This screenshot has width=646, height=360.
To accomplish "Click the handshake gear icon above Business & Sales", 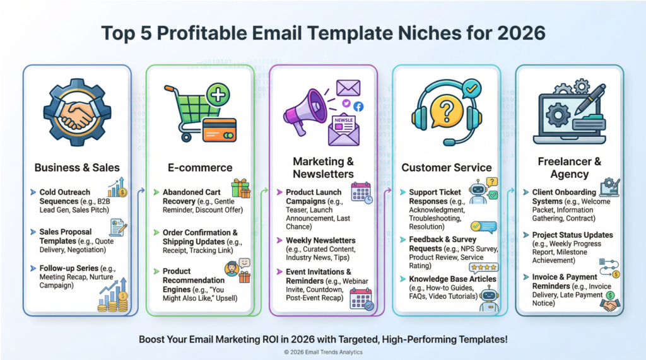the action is coord(77,112).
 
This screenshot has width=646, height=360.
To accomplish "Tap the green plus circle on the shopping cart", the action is coord(218,95).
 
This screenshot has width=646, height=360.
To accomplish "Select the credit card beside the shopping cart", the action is coord(220,130).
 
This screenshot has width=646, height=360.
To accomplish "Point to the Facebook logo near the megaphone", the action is coord(358,107).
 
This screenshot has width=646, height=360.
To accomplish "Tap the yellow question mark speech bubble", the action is coord(447,111).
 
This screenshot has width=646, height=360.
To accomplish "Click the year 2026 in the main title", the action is coord(521,33).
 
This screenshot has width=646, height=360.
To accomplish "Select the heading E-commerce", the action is coord(200,168).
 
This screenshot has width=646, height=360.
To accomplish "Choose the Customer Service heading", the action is coord(447,168).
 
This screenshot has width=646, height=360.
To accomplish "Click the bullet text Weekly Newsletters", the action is coord(320,240).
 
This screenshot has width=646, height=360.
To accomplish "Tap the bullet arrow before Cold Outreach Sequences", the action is coord(33,192).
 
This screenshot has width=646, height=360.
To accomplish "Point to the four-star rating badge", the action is coord(484,268).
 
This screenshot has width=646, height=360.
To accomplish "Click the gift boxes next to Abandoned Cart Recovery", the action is coord(241,189).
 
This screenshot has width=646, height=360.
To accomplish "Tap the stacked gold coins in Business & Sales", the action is coord(113,302).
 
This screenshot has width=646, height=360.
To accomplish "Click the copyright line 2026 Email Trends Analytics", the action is coord(323,352).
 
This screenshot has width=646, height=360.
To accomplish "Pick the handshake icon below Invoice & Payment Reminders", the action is coord(610,305).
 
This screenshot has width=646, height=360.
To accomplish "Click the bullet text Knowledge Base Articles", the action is coord(452,279).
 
